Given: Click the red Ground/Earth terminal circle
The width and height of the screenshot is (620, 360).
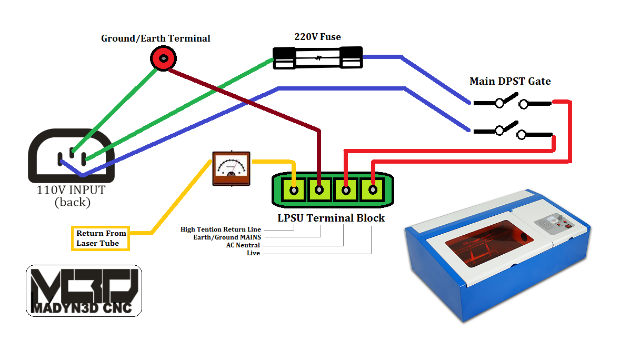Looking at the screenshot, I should pos(164,58).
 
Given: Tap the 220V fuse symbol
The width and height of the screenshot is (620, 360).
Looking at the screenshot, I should pos(317,57).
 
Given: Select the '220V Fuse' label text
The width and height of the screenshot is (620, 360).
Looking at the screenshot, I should pos(317,37).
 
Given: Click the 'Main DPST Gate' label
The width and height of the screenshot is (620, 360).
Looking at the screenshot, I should pos(510,81).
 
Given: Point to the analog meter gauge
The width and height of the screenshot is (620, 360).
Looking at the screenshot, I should pos(231,168).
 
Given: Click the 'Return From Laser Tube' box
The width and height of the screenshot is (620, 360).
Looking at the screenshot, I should pos(101,238).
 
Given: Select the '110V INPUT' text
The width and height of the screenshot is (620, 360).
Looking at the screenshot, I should pos(71,189).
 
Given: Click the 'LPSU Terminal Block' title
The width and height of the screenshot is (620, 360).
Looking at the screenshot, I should pos(331,218).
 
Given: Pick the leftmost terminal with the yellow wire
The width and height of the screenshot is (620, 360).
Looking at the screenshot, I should pos(294,190).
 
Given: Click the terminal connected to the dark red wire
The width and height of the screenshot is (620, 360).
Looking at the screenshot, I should pos(319,190).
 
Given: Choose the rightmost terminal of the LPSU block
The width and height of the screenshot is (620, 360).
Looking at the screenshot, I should pos(373,190).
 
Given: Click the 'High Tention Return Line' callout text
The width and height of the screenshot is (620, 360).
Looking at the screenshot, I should pos(221,229).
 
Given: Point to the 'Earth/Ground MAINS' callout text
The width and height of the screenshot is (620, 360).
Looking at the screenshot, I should pos(227,237).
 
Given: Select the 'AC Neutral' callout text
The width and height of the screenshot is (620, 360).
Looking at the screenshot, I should pos(243,245).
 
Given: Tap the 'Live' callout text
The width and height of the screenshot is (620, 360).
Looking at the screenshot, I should pos(253,253).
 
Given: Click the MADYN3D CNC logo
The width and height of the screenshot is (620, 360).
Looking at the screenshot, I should pos(84,291).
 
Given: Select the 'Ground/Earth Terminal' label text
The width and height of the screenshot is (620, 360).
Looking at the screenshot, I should pos(155,38).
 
